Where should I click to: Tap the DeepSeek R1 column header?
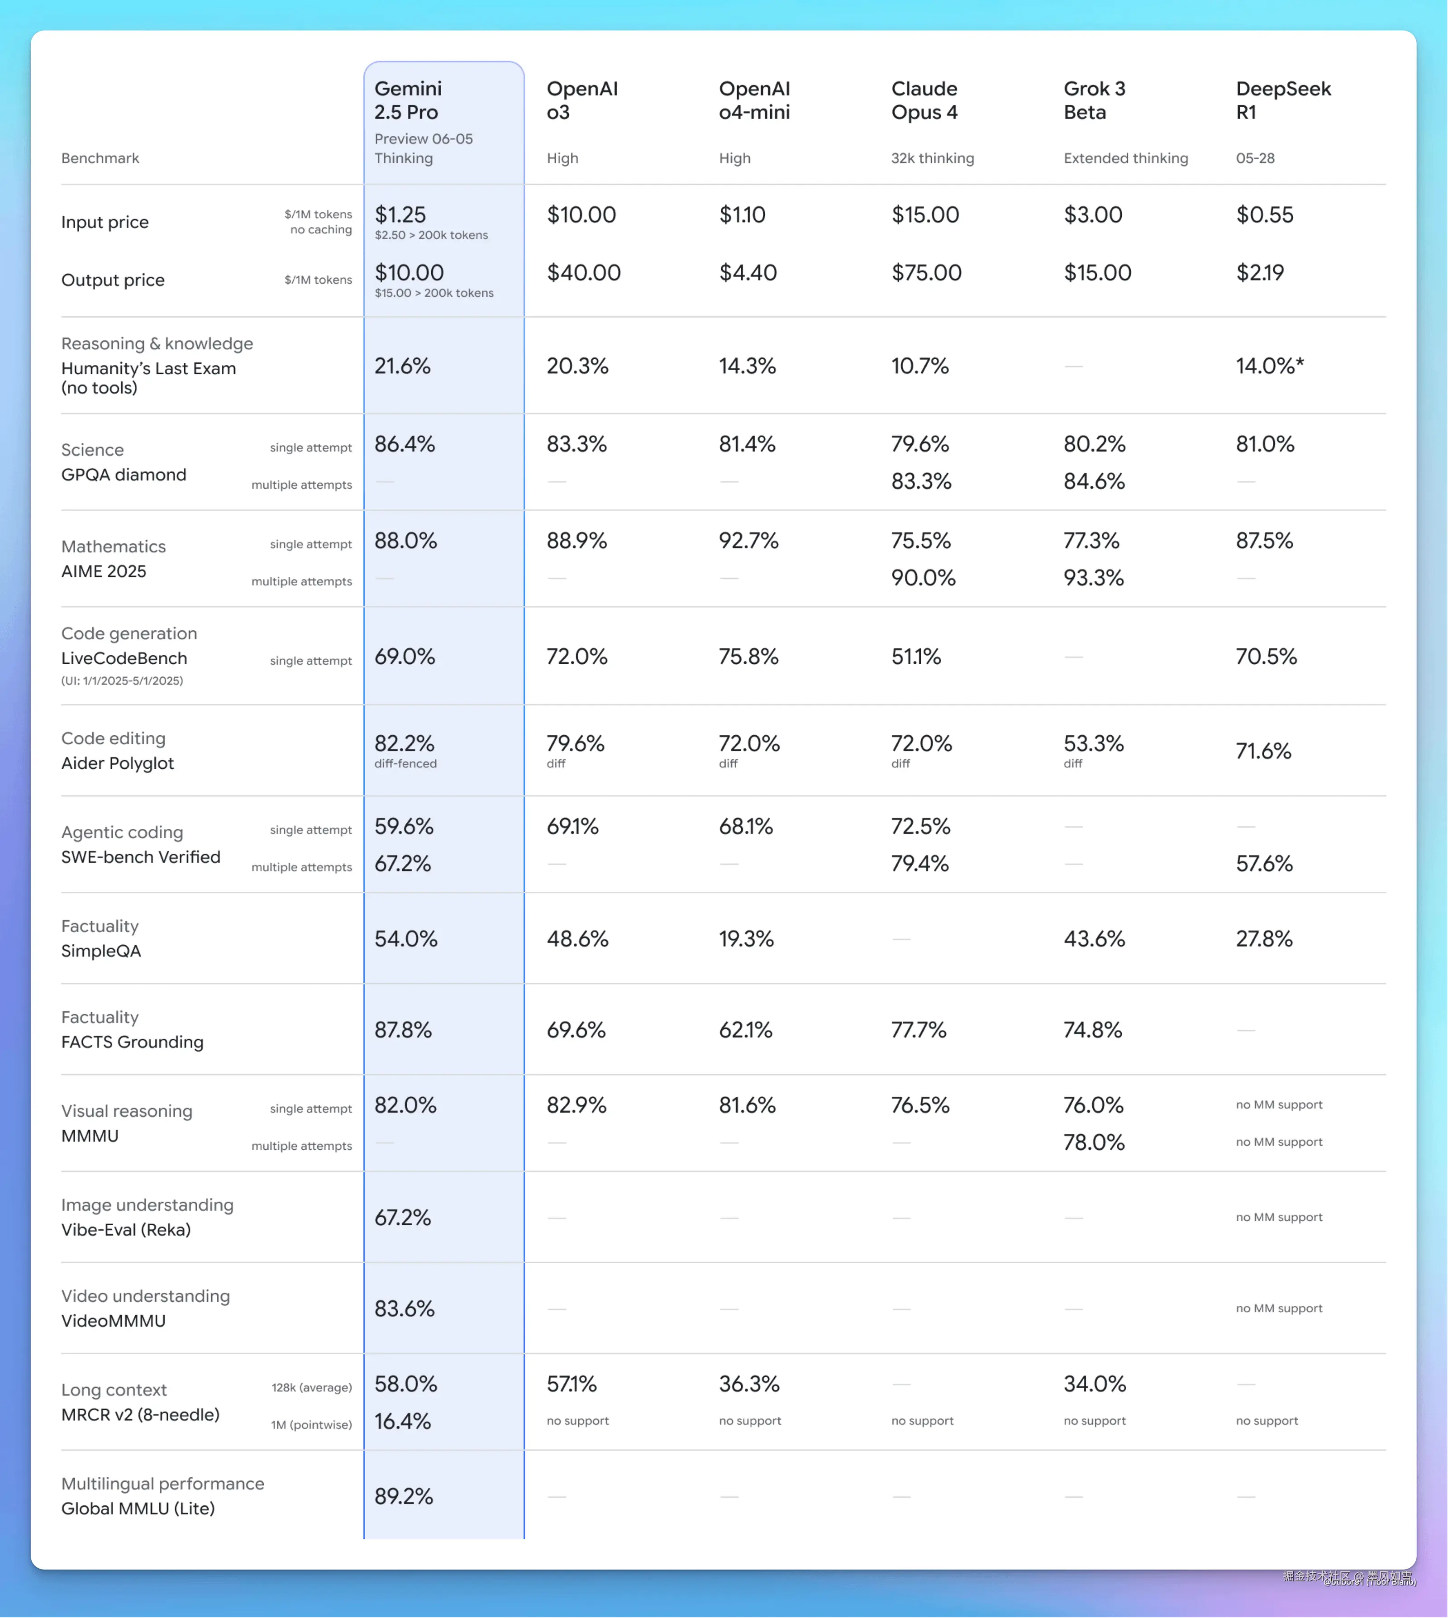[1282, 100]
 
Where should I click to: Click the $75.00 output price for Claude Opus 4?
[926, 273]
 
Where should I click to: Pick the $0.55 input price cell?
[1264, 215]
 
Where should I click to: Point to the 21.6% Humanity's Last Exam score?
[403, 366]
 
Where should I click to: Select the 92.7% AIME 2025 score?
[748, 541]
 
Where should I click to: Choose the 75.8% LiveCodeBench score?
[748, 657]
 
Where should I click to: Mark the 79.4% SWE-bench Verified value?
[920, 864]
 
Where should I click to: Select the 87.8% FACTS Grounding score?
[403, 1030]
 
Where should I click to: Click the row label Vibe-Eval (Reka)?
[126, 1230]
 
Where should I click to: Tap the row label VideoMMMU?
[113, 1321]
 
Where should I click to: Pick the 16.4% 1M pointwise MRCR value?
[403, 1422]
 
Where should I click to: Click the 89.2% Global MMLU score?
[403, 1497]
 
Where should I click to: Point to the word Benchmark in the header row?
[100, 158]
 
